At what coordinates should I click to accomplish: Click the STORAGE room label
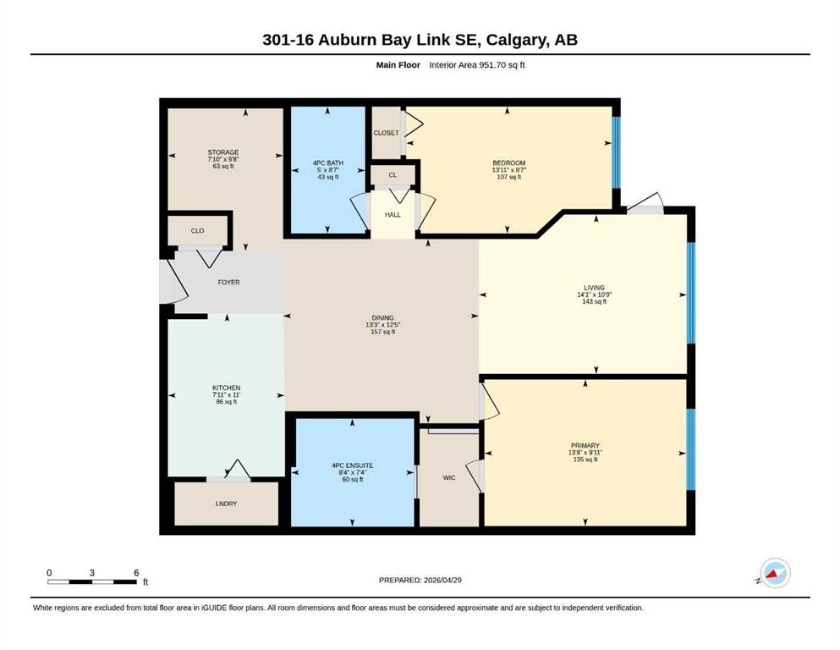click(223, 152)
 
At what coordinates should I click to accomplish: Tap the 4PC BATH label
click(328, 162)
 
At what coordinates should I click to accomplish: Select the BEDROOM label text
click(509, 162)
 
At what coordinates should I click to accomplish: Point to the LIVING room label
click(594, 288)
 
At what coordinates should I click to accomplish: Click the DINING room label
click(382, 317)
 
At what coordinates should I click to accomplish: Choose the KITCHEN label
click(226, 388)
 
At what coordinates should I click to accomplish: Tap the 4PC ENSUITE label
click(353, 465)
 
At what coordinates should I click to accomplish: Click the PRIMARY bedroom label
click(585, 446)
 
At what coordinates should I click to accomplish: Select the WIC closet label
click(449, 477)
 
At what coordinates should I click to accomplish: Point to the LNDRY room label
click(226, 504)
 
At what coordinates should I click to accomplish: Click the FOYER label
click(228, 283)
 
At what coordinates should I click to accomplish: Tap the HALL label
click(393, 215)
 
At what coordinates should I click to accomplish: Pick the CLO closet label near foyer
click(197, 231)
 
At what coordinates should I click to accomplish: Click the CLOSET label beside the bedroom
click(387, 133)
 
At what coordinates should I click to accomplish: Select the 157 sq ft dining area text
click(382, 333)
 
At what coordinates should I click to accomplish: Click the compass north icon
click(775, 573)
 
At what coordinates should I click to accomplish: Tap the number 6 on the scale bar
click(136, 573)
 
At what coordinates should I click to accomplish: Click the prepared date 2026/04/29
click(442, 580)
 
